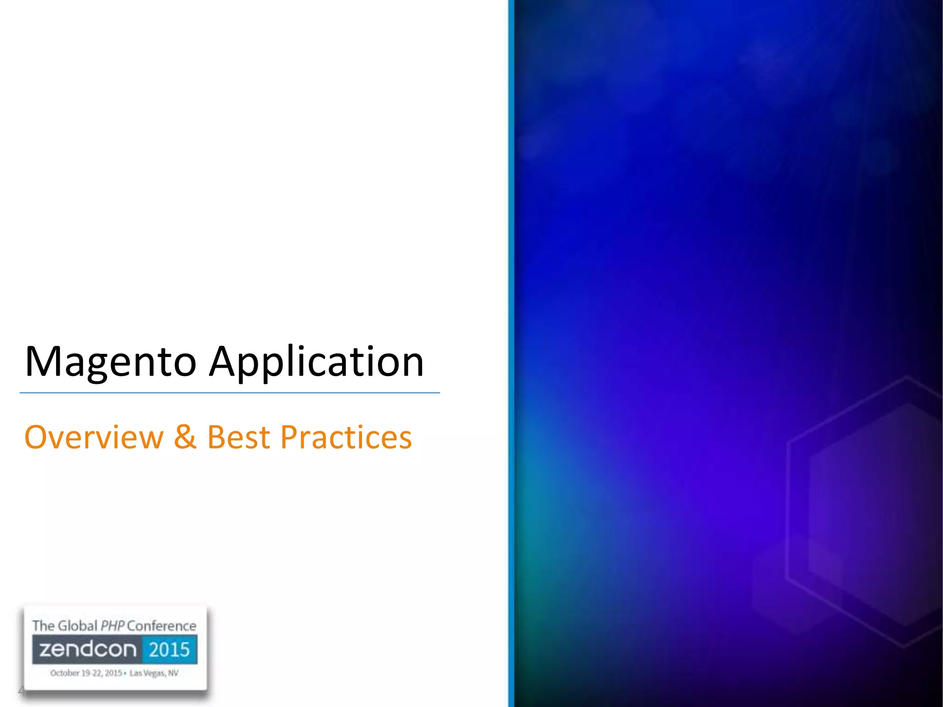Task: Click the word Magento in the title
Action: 111,363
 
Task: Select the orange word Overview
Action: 94,437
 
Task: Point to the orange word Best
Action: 239,437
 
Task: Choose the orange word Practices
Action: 346,437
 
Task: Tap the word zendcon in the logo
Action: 88,649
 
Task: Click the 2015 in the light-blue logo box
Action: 169,649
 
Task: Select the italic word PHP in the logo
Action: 112,626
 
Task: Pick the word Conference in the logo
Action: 162,626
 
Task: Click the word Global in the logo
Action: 78,626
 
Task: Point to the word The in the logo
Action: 43,626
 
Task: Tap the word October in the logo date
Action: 65,673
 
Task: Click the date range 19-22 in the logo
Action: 91,673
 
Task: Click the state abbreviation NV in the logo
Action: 173,673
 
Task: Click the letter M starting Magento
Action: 42,362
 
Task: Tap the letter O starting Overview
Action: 35,437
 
